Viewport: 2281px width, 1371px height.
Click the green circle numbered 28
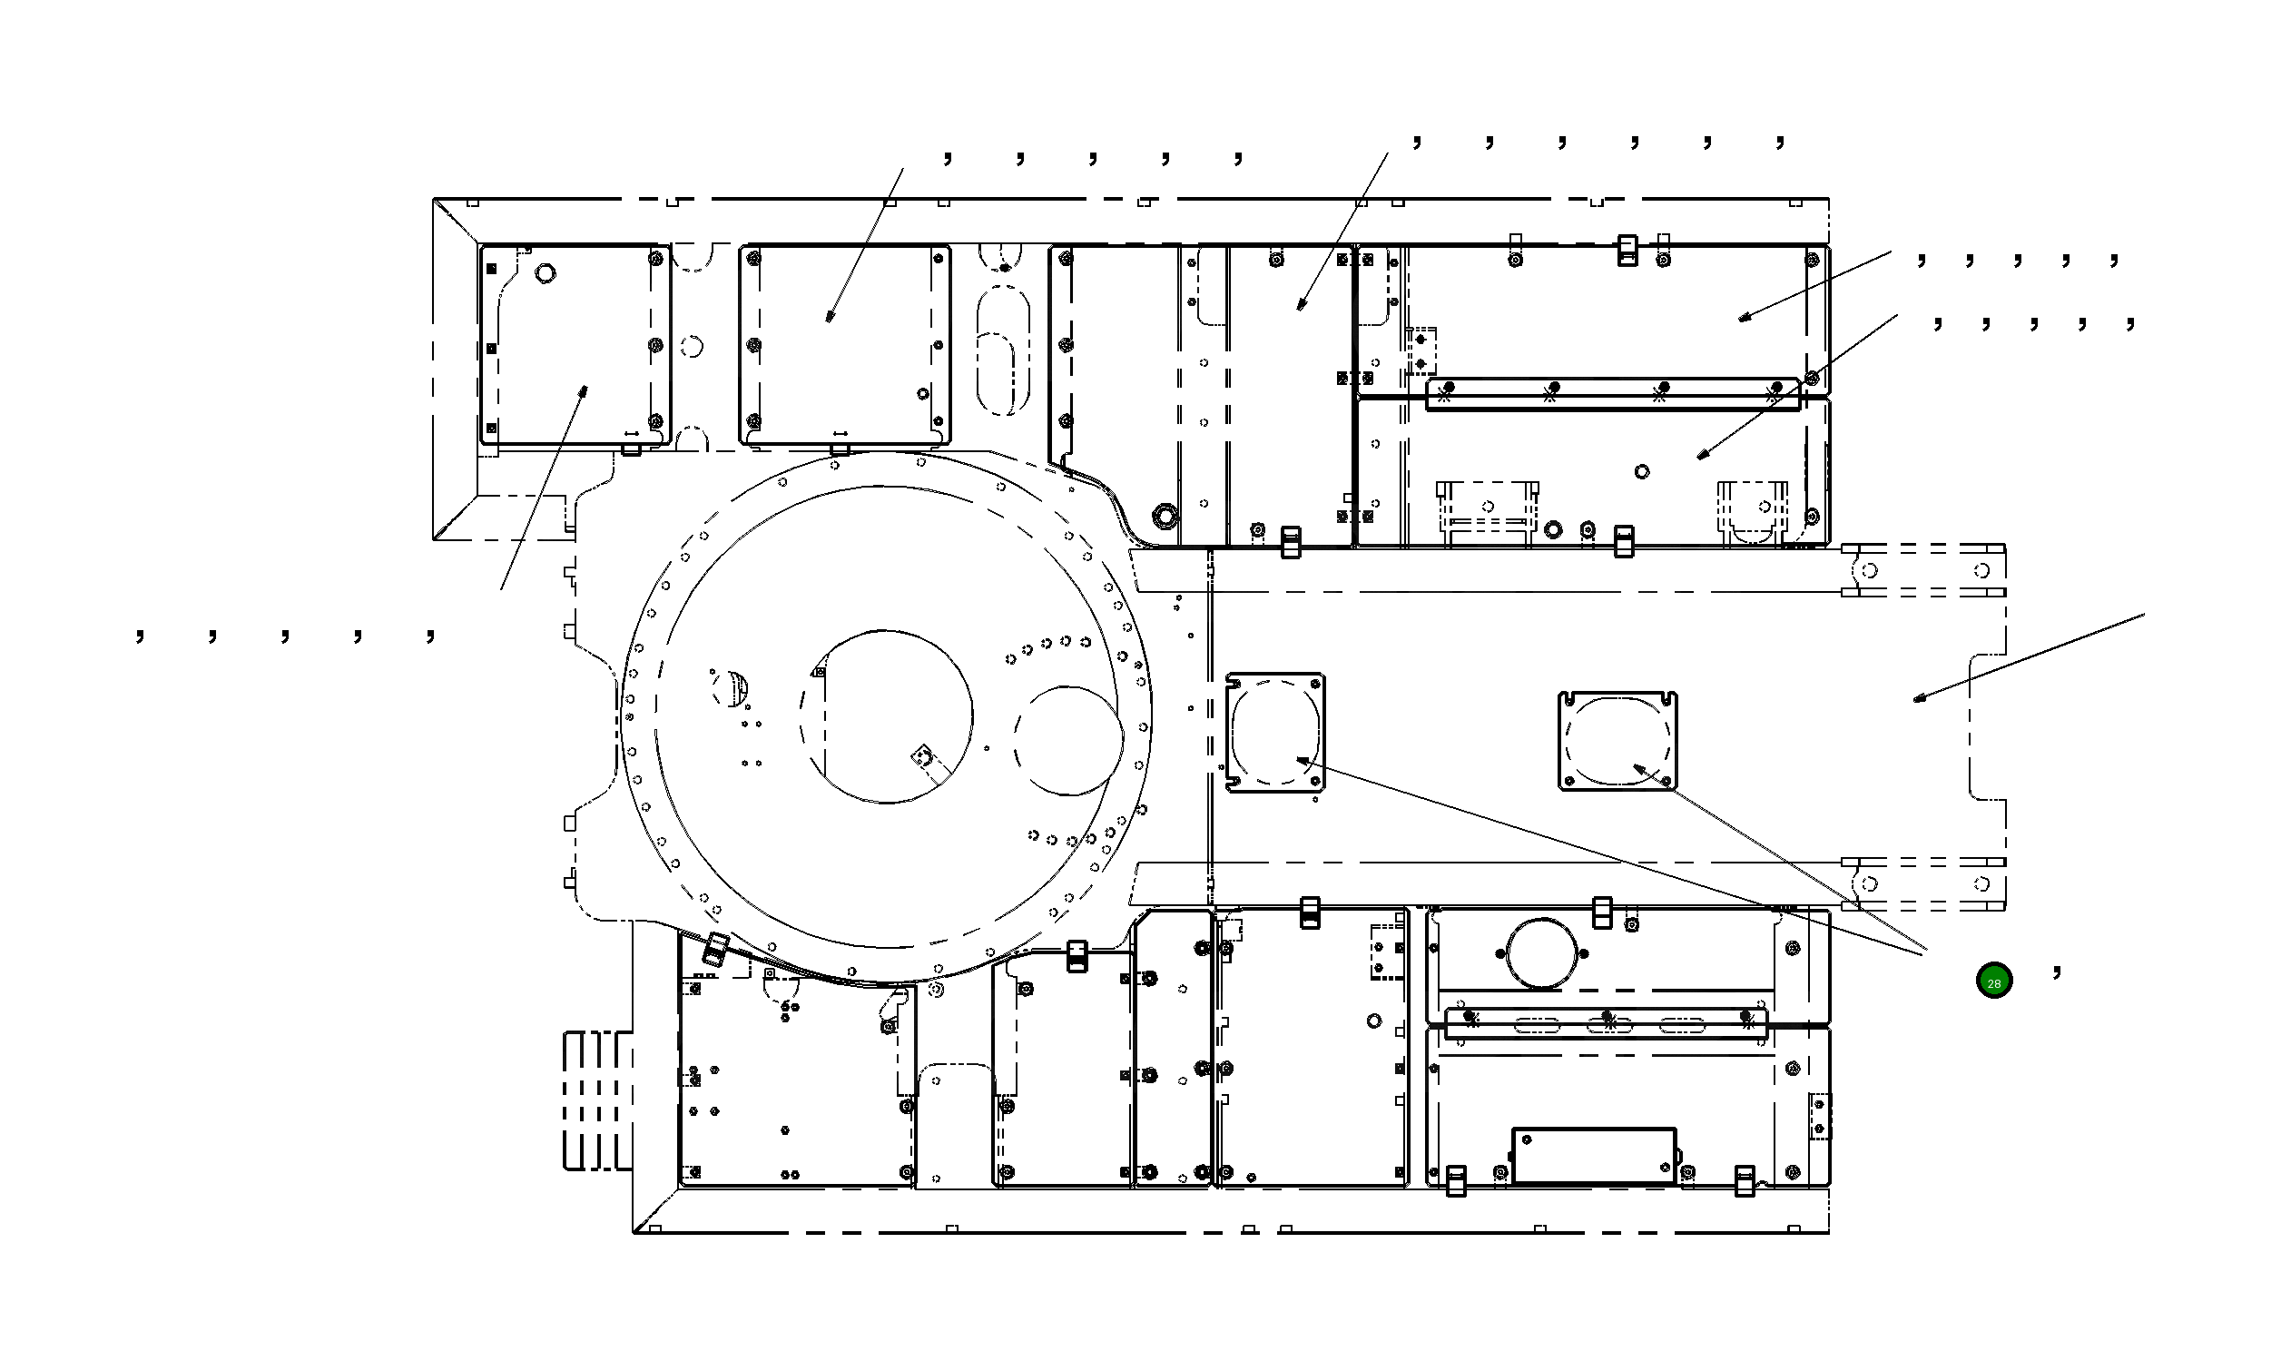click(x=1993, y=981)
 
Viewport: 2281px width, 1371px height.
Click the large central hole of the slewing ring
click(x=886, y=717)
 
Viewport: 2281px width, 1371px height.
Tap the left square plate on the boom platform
click(x=1274, y=732)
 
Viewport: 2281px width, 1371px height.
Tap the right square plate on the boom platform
click(x=1617, y=741)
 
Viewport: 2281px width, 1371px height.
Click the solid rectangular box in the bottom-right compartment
click(x=1593, y=1155)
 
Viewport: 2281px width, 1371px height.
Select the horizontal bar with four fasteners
click(x=1611, y=394)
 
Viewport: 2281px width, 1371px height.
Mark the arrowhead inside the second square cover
click(x=830, y=316)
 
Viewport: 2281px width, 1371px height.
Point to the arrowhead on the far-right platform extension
click(x=1919, y=697)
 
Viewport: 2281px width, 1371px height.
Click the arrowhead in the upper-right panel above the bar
click(x=1743, y=318)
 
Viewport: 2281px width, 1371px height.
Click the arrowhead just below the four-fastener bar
click(x=1702, y=455)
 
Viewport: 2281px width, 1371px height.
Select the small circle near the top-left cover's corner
click(x=546, y=273)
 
